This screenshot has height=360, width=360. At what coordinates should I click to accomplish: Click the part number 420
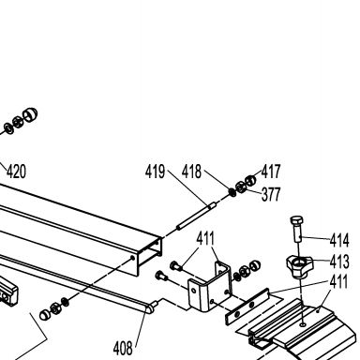pos(16,172)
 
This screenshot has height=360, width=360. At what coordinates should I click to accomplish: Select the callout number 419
pos(155,172)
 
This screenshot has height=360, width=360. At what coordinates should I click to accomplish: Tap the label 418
pos(191,172)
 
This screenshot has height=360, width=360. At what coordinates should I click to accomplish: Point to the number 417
pos(271,172)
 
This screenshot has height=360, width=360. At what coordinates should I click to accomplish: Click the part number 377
pos(271,194)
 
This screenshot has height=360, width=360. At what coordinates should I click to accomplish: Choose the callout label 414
pos(339,241)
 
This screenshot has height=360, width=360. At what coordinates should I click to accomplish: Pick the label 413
pos(339,262)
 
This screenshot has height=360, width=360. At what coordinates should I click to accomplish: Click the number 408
pos(123,348)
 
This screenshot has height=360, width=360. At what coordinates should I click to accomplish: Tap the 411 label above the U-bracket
pos(205,239)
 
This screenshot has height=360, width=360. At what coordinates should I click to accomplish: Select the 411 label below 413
pos(339,282)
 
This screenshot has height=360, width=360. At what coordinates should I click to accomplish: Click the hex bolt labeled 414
pos(297,228)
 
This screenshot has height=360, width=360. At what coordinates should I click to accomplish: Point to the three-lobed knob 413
pos(299,266)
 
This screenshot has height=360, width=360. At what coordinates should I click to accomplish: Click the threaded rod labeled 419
pos(196,216)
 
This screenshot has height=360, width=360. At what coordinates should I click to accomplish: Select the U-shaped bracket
pos(209,287)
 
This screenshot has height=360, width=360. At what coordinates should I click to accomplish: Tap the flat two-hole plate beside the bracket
pos(247,307)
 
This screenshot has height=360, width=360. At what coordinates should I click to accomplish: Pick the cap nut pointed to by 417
pos(250,180)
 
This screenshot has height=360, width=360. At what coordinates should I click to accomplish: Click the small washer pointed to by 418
pos(232,192)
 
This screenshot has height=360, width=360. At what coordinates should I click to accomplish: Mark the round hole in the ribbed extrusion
pos(303,325)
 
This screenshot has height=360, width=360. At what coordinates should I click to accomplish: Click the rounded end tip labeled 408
pos(149,308)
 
